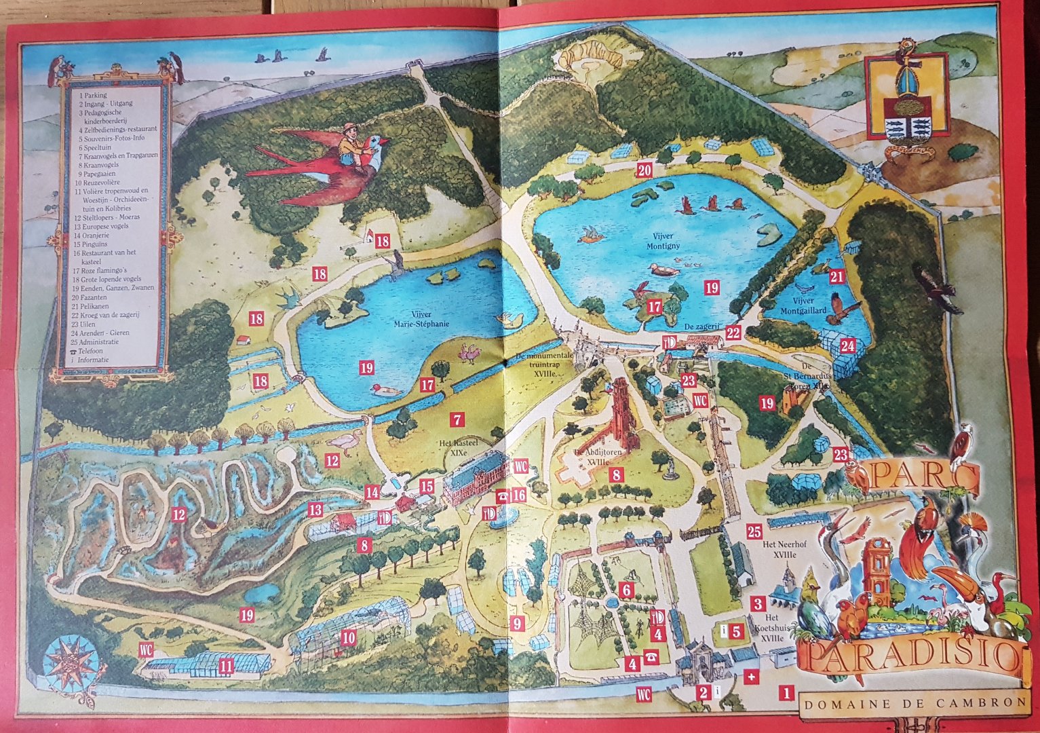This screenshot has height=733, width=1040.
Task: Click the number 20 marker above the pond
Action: (644, 170)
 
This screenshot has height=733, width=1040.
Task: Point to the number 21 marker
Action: (836, 277)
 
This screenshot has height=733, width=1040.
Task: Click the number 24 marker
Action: (847, 345)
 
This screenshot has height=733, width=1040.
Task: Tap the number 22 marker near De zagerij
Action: (733, 333)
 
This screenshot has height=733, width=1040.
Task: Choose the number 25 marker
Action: (754, 531)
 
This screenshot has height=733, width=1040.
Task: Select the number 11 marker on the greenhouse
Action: (226, 666)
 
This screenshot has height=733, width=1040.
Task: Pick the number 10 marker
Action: (348, 638)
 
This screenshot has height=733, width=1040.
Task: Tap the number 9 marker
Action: (518, 622)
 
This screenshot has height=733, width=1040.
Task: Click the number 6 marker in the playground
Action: (627, 590)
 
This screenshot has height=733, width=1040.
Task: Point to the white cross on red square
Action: (752, 677)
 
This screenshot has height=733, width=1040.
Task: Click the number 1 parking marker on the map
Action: (786, 693)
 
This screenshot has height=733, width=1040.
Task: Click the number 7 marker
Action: (458, 419)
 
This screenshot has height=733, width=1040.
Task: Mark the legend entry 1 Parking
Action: (93, 96)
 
